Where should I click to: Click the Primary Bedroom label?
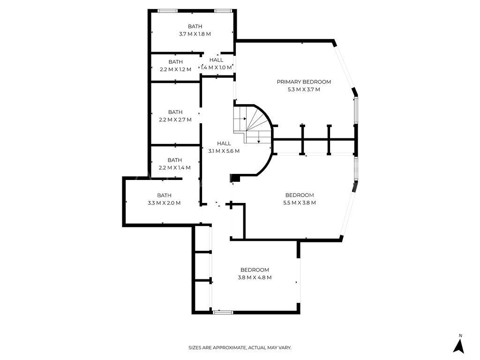tap(304, 82)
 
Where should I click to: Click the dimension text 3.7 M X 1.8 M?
tap(195, 34)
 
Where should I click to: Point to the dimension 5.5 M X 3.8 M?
tap(300, 203)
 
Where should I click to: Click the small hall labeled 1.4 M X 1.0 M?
tap(216, 64)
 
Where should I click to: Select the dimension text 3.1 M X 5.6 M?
tap(224, 151)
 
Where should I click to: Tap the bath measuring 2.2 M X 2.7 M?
tap(175, 116)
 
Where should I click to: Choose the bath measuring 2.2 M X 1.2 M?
tap(175, 66)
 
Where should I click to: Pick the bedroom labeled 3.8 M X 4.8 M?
tap(255, 274)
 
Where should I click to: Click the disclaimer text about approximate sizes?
tap(240, 348)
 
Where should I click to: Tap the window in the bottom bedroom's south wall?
tap(223, 312)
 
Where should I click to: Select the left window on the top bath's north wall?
tap(166, 11)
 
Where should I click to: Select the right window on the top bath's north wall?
tap(222, 11)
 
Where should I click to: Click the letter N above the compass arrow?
tap(460, 336)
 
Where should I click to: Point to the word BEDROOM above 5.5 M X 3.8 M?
tap(300, 195)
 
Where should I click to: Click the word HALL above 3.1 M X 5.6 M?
tap(224, 143)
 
